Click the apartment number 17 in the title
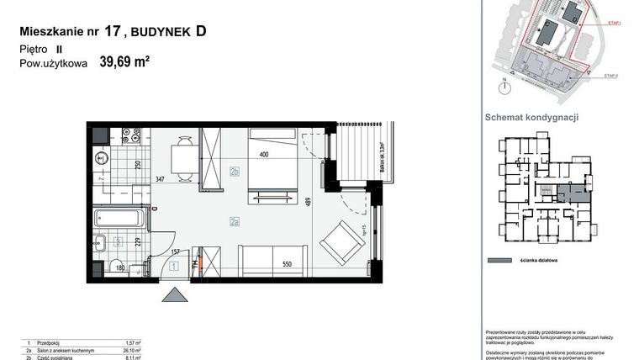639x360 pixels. coord(112,32)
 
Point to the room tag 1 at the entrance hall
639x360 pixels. coord(173,266)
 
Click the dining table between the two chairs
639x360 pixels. coord(181,156)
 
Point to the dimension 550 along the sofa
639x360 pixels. coord(287,263)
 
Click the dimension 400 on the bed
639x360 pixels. coord(264,155)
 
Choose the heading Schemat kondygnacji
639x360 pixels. coord(531,118)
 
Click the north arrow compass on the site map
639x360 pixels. coord(504,84)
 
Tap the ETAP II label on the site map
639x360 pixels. coord(611,76)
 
